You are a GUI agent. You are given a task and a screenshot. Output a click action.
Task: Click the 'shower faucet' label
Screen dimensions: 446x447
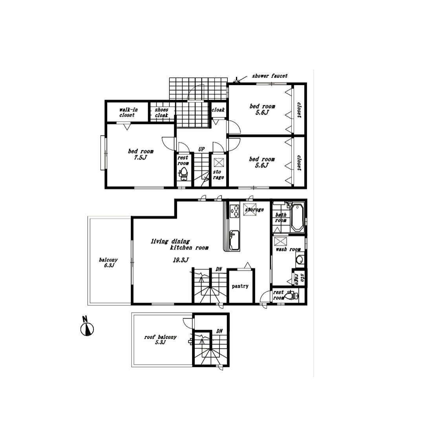270,76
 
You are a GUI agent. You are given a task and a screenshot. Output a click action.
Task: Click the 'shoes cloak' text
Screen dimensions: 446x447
161,113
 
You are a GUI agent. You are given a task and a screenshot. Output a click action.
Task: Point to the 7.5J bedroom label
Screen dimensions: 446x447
141,154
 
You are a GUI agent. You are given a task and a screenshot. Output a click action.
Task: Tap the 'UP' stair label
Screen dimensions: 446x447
201,149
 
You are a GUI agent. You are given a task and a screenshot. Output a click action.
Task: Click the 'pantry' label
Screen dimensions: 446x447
240,286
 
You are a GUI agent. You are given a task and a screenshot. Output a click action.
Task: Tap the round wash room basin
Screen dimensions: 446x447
300,260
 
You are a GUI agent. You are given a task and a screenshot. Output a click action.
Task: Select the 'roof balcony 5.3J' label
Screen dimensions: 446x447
161,340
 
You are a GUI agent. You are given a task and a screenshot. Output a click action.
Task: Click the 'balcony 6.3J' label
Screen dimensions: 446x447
108,263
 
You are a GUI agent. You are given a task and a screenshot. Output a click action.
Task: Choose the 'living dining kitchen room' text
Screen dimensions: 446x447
179,245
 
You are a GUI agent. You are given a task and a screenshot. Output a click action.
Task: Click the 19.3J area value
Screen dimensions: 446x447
181,260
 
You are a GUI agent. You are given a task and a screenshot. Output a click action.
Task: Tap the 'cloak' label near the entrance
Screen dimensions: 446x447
218,110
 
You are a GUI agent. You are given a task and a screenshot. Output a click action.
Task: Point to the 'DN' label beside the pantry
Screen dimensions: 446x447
219,269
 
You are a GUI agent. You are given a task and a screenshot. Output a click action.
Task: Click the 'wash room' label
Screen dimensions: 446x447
288,249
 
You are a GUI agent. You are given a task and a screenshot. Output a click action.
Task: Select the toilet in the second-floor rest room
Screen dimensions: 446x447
291,295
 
